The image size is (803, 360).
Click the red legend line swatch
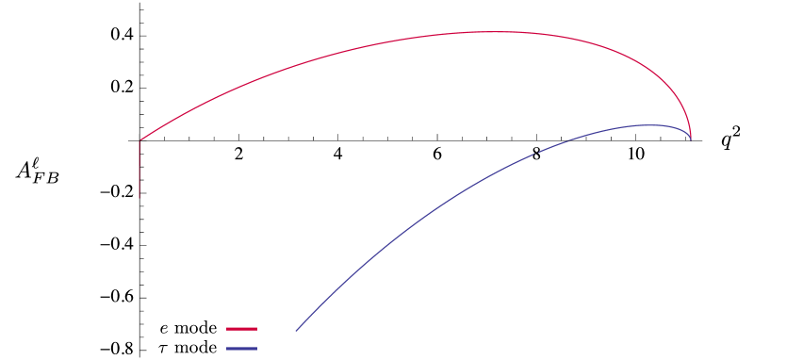pos(241,329)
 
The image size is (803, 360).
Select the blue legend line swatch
pos(241,349)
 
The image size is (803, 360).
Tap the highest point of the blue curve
pos(648,124)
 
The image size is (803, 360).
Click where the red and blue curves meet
pos(691,139)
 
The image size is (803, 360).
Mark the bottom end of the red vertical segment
pos(140,198)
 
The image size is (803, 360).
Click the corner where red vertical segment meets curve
pos(140,140)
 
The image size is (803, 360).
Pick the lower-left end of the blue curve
pos(296,331)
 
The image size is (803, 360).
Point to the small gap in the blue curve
pos(536,152)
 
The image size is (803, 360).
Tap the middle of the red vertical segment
pos(140,170)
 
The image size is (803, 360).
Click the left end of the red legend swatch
pos(227,329)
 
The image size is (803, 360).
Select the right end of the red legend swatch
pos(256,329)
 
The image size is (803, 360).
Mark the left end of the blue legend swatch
pos(227,349)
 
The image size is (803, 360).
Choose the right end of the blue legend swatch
pos(256,349)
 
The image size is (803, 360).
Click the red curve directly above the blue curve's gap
pos(536,34)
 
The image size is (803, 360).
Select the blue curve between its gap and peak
pos(592,133)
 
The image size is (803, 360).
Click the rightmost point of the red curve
pos(691,138)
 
